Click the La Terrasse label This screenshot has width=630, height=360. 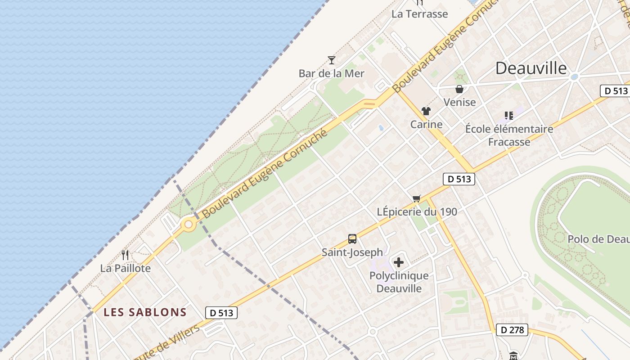pos(419,14)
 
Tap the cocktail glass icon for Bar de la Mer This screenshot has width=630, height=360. pos(332,60)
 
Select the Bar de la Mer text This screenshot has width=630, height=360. pos(332,73)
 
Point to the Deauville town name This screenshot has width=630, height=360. pos(531,68)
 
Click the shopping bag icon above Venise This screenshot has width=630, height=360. pos(459,89)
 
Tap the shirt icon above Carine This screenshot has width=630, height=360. pos(426,111)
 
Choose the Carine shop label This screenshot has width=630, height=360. pos(426,124)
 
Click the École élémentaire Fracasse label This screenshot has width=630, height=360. pos(509,135)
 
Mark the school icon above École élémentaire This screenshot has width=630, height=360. pos(509,116)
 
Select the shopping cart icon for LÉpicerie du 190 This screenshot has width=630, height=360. pos(417,198)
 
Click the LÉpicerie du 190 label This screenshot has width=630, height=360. pos(417,211)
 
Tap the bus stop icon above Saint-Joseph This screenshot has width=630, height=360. pos(352,239)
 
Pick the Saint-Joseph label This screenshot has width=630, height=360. pos(352,252)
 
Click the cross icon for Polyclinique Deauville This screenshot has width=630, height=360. pos(399,262)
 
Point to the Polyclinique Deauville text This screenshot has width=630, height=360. pos(399,282)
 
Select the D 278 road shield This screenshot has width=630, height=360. pos(512,330)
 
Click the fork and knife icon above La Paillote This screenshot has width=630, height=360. pos(125,255)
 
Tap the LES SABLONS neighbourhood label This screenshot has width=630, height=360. pos(145,312)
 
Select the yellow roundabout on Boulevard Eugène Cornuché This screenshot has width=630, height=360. pos(189,224)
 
